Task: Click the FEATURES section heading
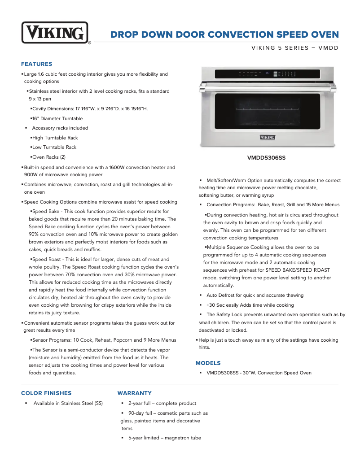pyautogui.click(x=37, y=64)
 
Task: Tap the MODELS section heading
pyautogui.click(x=208, y=363)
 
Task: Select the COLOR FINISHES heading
pyautogui.click(x=46, y=393)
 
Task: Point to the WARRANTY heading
pyautogui.click(x=135, y=393)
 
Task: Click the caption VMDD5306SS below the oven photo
pyautogui.click(x=266, y=158)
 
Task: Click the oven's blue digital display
pyautogui.click(x=268, y=72)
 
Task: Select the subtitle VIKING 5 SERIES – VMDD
pyautogui.click(x=294, y=48)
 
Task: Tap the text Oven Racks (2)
pyautogui.click(x=49, y=157)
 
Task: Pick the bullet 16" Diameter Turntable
pyautogui.click(x=57, y=119)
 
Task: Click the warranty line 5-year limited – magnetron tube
pyautogui.click(x=164, y=438)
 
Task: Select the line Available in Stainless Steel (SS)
pyautogui.click(x=68, y=403)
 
